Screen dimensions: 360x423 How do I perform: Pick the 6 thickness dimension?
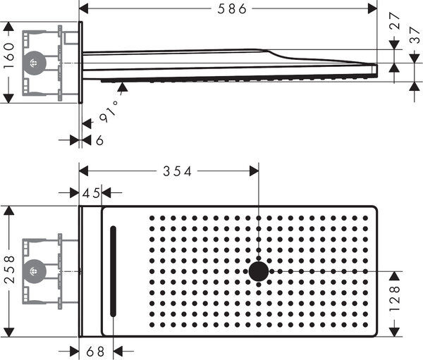tap(99, 140)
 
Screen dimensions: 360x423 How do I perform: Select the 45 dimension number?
tap(91, 192)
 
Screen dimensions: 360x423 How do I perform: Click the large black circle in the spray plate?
tap(259, 271)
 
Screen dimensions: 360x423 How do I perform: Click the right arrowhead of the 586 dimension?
tap(374, 9)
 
